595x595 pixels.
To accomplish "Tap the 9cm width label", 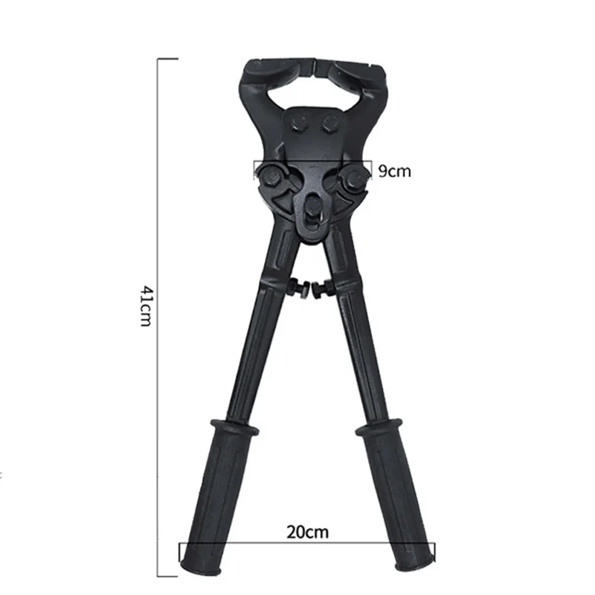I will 394,171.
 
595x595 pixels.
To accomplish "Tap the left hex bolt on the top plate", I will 300,126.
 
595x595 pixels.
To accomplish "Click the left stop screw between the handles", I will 298,287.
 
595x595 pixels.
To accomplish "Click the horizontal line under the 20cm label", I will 306,544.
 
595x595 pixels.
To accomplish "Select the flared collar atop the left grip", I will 231,430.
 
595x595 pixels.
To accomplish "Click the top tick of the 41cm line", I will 167,58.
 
